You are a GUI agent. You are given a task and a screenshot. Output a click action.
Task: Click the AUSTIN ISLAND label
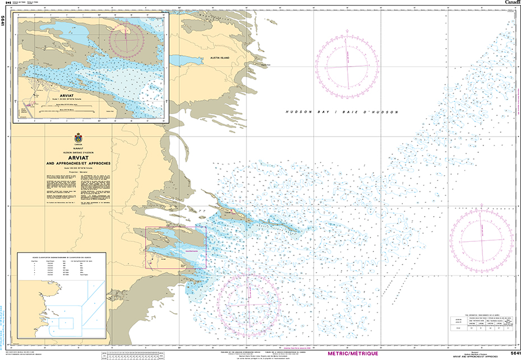click(220, 58)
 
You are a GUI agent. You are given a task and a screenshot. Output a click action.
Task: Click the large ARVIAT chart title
click(78, 157)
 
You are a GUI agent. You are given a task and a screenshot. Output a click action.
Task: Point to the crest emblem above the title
click(77, 138)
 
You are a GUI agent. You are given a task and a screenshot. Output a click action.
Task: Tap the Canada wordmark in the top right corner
click(511, 3)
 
